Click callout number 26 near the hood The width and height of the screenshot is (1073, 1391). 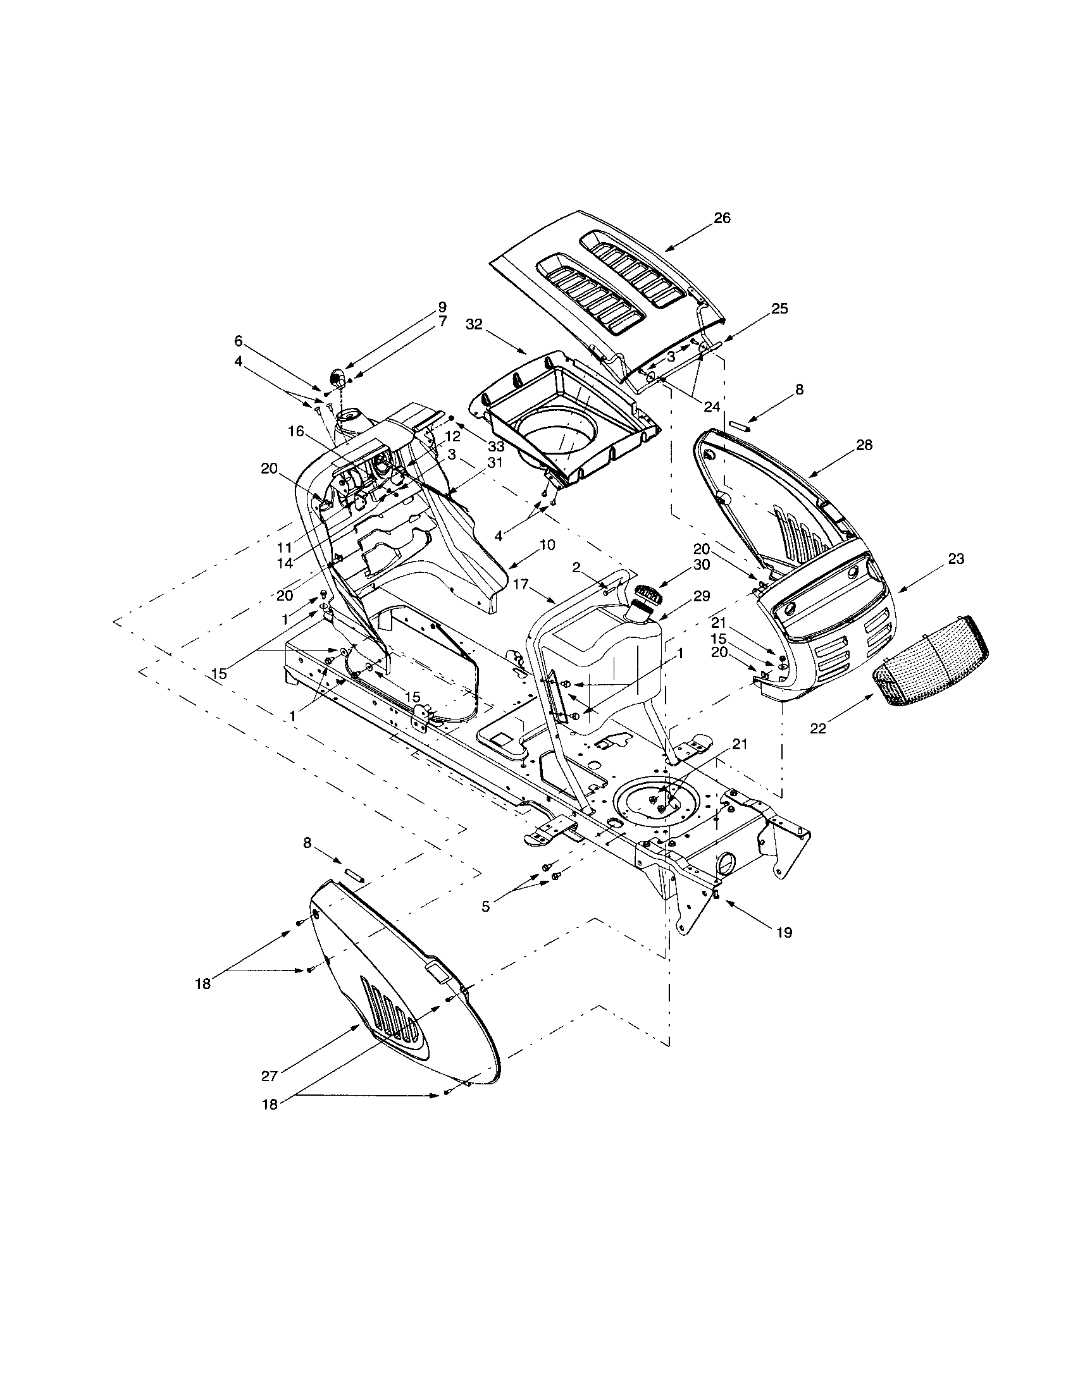722,219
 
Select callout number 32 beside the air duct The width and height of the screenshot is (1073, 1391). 474,324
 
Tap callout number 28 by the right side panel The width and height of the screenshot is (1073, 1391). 864,444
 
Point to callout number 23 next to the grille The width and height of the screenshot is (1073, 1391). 956,558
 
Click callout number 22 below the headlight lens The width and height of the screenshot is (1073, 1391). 817,728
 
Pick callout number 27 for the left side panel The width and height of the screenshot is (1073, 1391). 270,1075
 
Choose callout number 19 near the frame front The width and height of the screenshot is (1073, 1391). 784,933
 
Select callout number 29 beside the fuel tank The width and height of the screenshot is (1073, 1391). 701,596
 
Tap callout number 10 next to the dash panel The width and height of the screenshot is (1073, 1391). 547,545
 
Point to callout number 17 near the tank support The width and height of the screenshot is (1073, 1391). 521,583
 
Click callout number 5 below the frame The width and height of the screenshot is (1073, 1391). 486,906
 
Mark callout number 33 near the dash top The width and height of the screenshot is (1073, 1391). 497,446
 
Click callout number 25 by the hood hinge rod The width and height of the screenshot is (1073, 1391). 779,309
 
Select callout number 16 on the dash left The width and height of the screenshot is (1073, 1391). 296,432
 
